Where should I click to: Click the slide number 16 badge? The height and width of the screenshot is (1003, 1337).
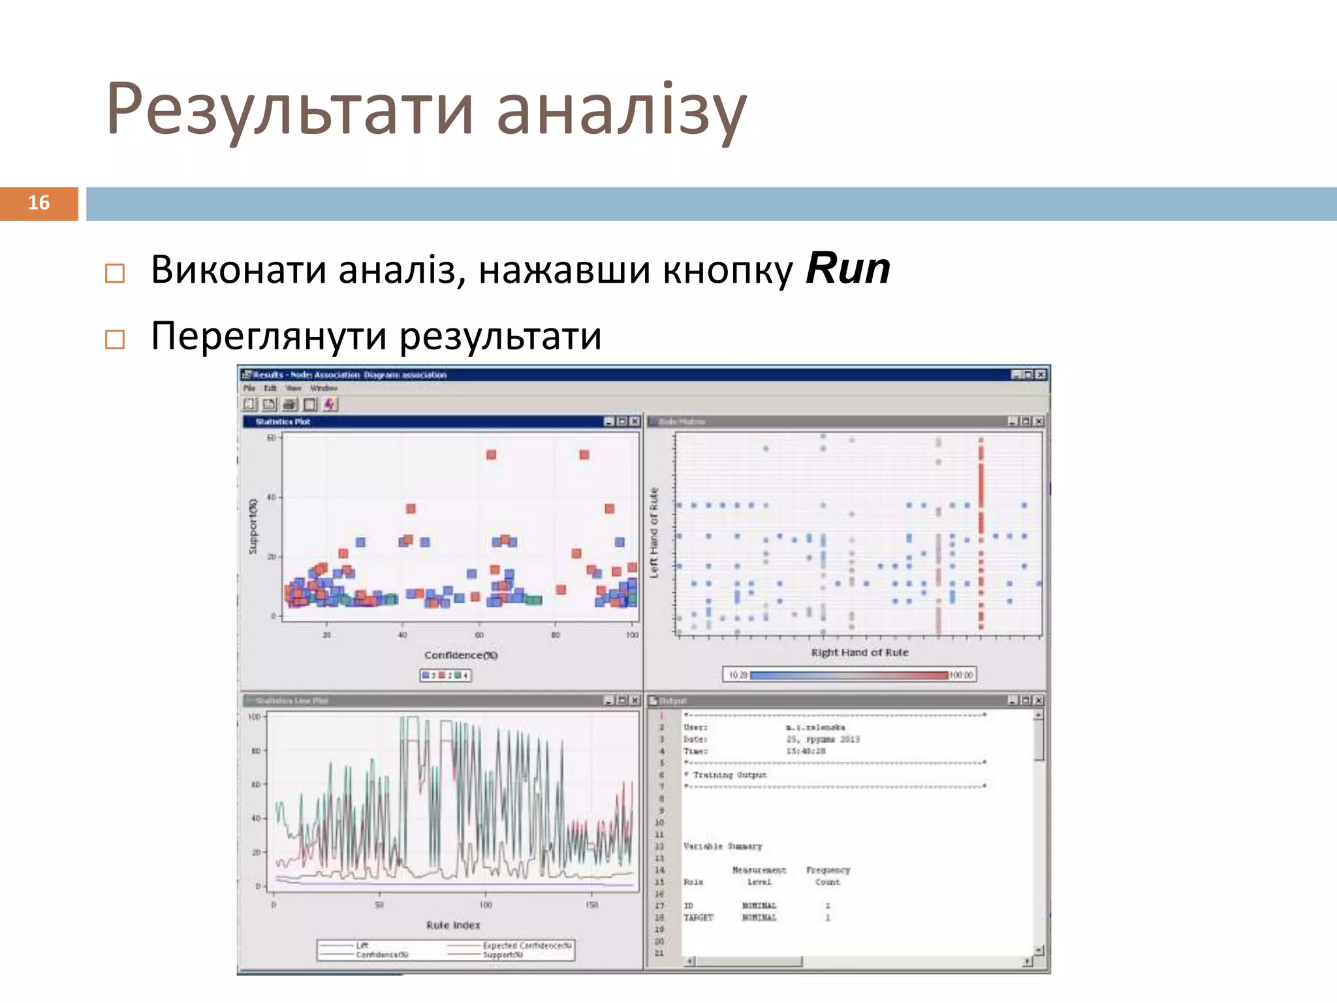[39, 203]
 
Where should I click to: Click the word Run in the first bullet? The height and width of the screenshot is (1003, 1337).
[847, 268]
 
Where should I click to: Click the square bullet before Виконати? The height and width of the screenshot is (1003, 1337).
[115, 273]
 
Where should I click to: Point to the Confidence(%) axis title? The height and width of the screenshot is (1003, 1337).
[460, 655]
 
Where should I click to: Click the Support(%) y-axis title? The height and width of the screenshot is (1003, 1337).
[253, 526]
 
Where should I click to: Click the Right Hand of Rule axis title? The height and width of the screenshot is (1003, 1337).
[859, 652]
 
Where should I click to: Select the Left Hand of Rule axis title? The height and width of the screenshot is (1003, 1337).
[653, 532]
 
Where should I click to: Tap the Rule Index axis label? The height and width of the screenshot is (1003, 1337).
[453, 925]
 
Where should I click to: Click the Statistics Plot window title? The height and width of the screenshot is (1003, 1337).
[283, 422]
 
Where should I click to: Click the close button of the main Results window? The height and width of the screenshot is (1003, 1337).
[1041, 374]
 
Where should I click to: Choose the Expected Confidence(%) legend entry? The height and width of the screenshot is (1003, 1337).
[527, 946]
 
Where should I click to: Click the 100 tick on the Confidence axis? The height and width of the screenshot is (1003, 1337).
[632, 635]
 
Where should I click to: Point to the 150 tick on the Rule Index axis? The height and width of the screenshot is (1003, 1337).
[591, 905]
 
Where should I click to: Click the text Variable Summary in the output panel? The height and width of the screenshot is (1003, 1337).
[722, 846]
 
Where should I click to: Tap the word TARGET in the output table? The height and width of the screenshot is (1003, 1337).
[698, 917]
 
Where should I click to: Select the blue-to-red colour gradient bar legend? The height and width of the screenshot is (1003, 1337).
[849, 675]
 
